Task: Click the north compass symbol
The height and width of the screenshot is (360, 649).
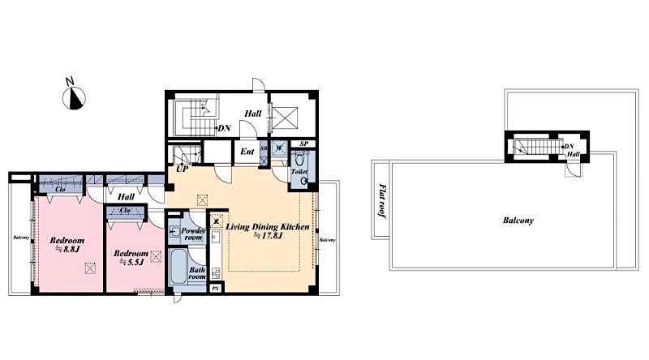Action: coord(75,97)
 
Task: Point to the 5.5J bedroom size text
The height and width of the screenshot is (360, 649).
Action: coord(130,262)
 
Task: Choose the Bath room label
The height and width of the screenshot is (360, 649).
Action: coord(197,272)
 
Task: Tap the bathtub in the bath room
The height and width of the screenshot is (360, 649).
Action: coord(178,267)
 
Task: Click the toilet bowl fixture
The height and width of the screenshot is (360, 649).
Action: coord(303,180)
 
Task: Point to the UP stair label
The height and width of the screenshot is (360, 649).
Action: coord(184,169)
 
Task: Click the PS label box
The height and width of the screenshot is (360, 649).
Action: coord(215,288)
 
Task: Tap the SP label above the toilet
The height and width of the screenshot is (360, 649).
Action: coord(303,144)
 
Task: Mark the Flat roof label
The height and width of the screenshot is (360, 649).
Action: coord(382,202)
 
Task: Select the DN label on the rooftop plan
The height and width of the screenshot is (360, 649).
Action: coord(569,145)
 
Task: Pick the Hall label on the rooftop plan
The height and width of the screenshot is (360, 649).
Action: coord(573,153)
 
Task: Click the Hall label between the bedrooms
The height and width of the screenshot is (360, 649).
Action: coord(126,195)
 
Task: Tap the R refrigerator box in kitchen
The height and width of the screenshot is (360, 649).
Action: coord(216,221)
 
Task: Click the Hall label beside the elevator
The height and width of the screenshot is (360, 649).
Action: coord(252,114)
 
